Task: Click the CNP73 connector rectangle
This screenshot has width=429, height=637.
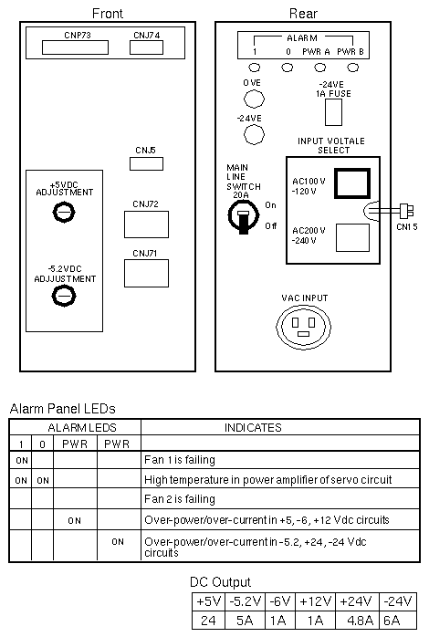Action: point(75,47)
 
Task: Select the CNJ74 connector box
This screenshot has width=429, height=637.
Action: point(146,47)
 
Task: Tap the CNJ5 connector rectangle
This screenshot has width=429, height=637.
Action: point(146,163)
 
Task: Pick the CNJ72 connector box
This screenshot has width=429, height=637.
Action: point(146,225)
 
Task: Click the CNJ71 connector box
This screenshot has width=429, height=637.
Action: point(146,274)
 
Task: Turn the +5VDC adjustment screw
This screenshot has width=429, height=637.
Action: point(64,212)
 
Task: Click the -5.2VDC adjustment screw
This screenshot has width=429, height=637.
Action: point(64,296)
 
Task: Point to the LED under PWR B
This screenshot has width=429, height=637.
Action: point(353,68)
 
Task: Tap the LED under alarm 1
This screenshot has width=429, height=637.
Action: point(255,68)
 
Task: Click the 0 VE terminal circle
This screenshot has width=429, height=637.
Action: point(254,99)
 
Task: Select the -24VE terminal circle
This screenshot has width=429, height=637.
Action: point(254,134)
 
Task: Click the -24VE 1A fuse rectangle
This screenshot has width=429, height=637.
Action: point(333,112)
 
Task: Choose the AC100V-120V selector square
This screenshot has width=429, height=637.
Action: point(352,183)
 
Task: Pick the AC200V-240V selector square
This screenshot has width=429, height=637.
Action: point(352,237)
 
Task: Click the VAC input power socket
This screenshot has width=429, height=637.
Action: point(303,326)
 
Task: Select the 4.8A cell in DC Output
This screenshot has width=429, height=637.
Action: point(357,621)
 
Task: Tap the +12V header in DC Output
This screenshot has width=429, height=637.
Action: point(315,601)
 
